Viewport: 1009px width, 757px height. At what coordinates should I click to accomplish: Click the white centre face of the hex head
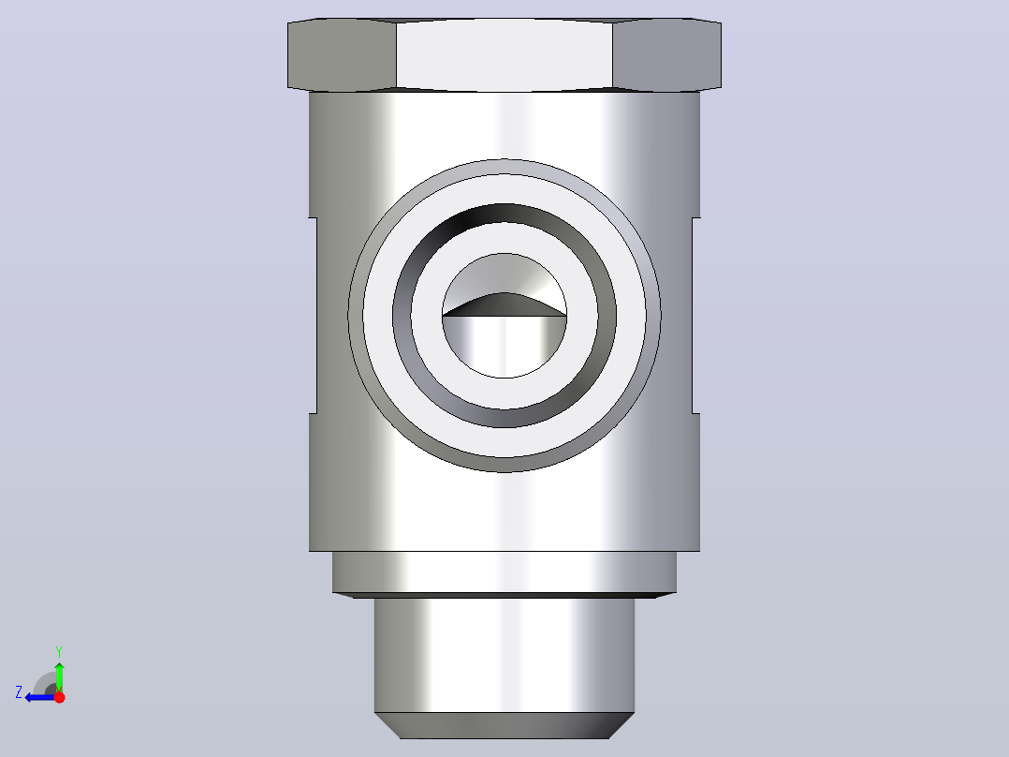point(504,54)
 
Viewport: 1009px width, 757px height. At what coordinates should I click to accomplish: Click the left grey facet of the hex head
point(342,54)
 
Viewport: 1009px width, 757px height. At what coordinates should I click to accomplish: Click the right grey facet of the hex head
point(666,54)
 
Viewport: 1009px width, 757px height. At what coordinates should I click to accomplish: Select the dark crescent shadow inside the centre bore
point(504,304)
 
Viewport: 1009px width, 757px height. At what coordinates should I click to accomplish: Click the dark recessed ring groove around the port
point(402,316)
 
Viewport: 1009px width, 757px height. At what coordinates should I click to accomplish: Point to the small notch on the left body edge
point(314,316)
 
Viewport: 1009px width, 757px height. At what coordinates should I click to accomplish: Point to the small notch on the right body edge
point(695,316)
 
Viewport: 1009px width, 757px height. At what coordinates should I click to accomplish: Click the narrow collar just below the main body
point(504,572)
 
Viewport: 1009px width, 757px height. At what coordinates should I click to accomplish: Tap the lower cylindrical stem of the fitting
point(504,655)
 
